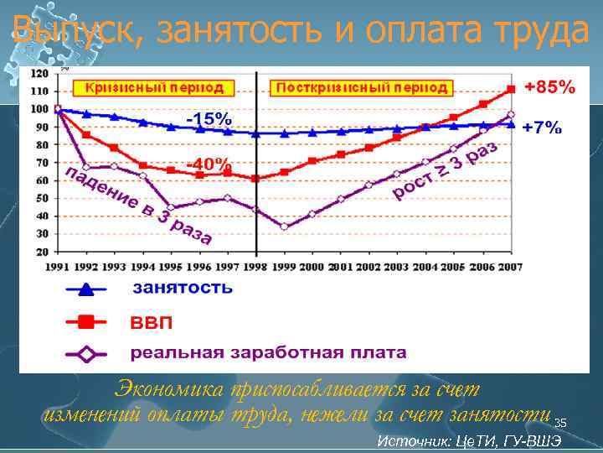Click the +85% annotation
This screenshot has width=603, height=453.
coord(549,86)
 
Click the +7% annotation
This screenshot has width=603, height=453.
coord(542,128)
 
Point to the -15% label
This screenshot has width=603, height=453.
coord(209,119)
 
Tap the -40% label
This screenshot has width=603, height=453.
coord(209,164)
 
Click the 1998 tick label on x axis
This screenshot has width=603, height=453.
coord(255,267)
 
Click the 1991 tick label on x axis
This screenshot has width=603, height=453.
coord(58,267)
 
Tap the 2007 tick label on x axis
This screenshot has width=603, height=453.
coord(510,267)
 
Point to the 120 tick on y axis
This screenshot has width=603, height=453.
coord(39,74)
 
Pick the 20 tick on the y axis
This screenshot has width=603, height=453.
coord(41,251)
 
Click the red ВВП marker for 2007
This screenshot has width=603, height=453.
coord(511,89)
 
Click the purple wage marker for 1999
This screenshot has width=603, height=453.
coord(284,226)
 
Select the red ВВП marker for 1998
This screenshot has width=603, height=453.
coord(255,178)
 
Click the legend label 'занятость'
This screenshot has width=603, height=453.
coord(182,289)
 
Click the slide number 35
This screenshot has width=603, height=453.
coord(560,423)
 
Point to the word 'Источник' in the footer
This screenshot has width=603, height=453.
coord(410,441)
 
